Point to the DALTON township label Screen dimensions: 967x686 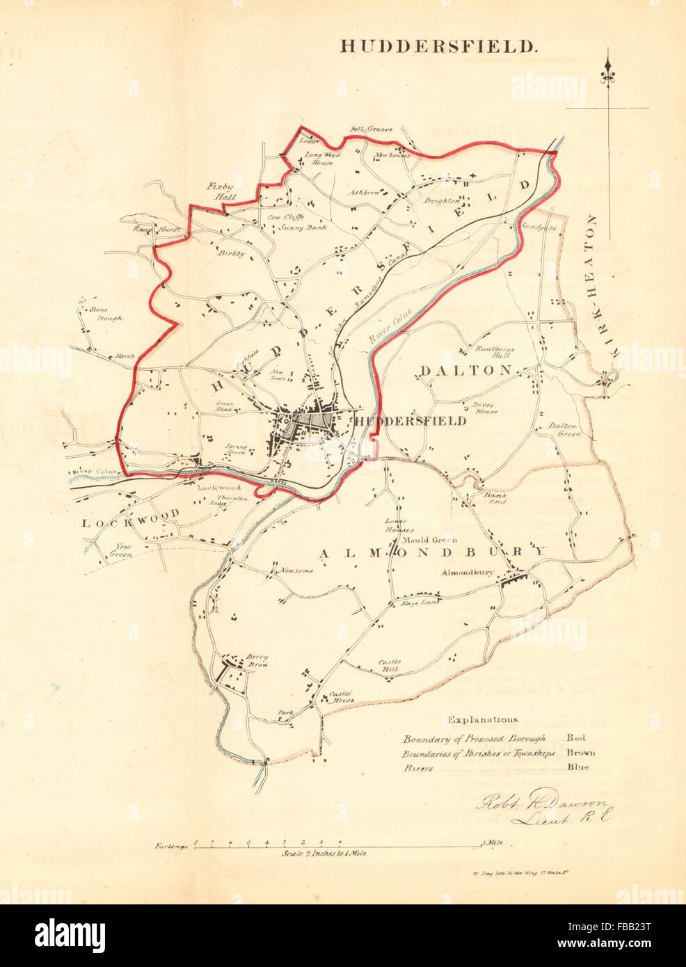(x=466, y=371)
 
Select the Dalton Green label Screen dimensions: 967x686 (x=565, y=429)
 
